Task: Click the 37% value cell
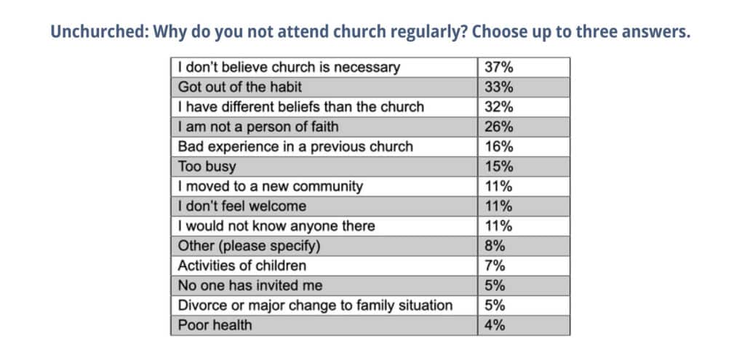[499, 68]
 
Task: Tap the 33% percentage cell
[499, 87]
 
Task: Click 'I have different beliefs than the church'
[301, 107]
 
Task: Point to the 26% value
[499, 127]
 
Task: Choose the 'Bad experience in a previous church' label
[295, 146]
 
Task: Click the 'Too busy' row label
[207, 167]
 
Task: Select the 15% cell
[499, 167]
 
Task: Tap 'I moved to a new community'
[270, 186]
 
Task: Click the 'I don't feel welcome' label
[242, 206]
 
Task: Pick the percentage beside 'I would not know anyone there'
[499, 225]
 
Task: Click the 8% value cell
[495, 246]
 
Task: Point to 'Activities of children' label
[242, 265]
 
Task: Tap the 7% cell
[495, 265]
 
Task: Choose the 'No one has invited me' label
[250, 285]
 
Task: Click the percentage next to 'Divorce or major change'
[495, 305]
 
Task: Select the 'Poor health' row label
[215, 325]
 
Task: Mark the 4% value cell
[495, 325]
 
